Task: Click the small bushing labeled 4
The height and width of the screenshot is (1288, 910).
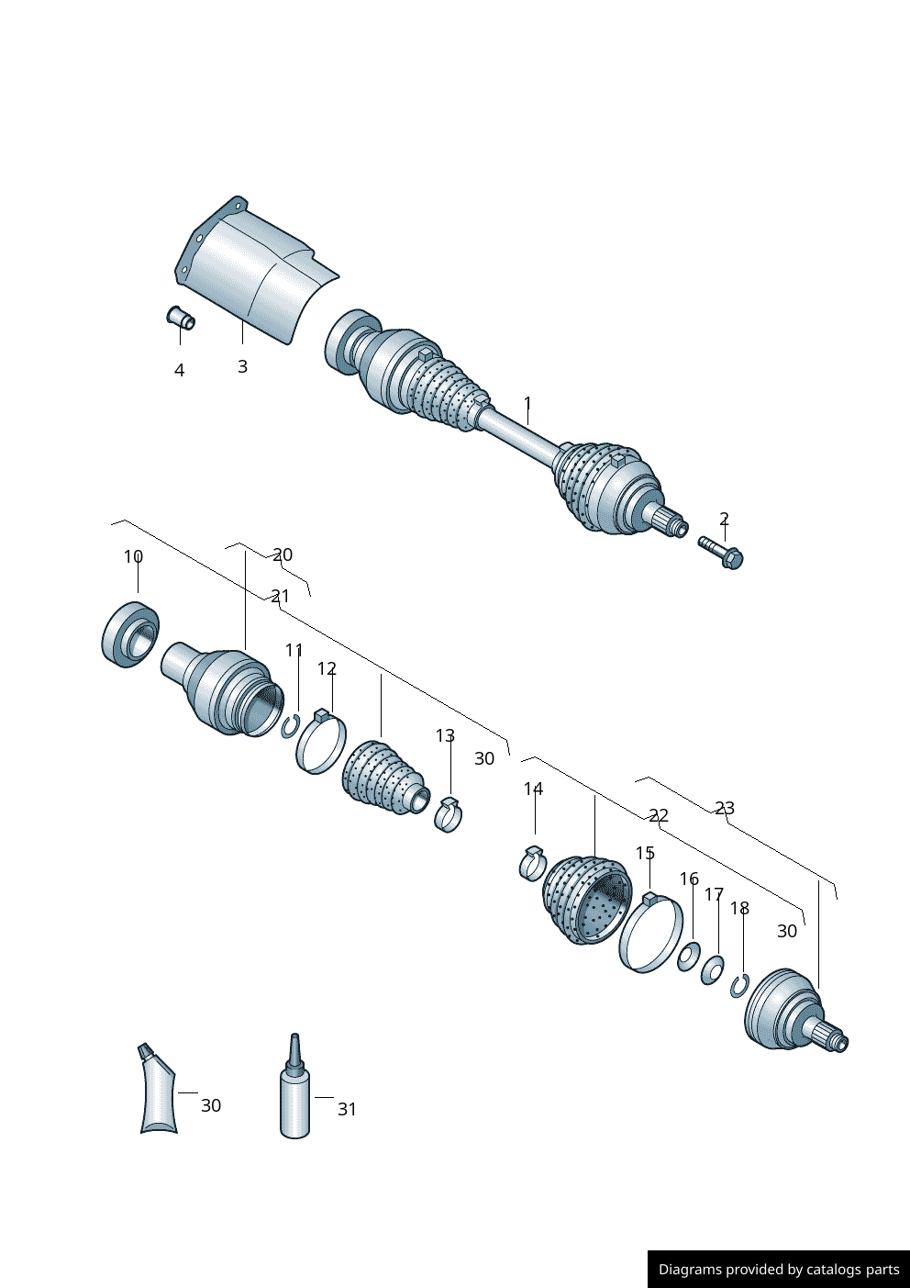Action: pyautogui.click(x=181, y=319)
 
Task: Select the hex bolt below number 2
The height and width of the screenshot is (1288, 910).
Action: pyautogui.click(x=721, y=552)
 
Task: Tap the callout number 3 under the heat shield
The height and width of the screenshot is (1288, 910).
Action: pyautogui.click(x=242, y=366)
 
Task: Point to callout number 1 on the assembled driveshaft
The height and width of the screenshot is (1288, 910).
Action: pyautogui.click(x=527, y=403)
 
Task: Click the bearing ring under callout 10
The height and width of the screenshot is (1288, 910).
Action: pyautogui.click(x=129, y=634)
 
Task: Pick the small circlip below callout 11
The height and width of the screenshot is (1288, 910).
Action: pyautogui.click(x=292, y=725)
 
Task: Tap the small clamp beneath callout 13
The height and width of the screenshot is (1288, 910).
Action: pyautogui.click(x=448, y=814)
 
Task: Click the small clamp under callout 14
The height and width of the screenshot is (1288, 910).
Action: pyautogui.click(x=532, y=862)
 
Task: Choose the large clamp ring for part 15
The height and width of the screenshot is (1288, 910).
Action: pyautogui.click(x=651, y=934)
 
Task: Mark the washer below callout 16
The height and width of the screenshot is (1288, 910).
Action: pyautogui.click(x=689, y=956)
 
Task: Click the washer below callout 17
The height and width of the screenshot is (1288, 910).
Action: pyautogui.click(x=713, y=969)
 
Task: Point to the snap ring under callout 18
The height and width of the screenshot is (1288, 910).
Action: pyautogui.click(x=740, y=986)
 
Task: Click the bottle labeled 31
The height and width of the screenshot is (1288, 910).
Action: pyautogui.click(x=294, y=1096)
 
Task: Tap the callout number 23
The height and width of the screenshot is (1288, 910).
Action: pyautogui.click(x=725, y=808)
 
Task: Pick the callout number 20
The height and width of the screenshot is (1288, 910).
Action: pyautogui.click(x=283, y=554)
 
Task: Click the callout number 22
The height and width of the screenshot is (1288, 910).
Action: pyautogui.click(x=659, y=815)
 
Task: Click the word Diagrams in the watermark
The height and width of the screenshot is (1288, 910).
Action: pyautogui.click(x=690, y=1270)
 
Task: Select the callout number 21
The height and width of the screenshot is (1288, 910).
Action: pyautogui.click(x=280, y=596)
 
